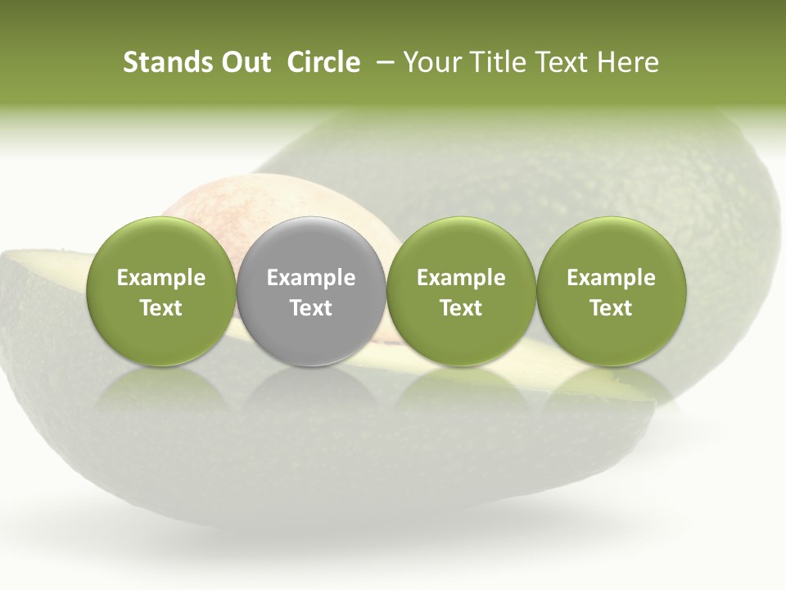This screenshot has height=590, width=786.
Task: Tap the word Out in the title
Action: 243,62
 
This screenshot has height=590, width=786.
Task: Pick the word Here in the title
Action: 628,62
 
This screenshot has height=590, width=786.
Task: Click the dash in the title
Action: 382,62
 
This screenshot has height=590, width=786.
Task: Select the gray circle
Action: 311,290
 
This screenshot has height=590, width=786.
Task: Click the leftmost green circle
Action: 161,290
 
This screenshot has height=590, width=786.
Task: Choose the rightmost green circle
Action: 612,290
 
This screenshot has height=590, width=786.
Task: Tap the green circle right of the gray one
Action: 461,290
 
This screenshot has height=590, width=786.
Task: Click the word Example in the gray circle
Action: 311,278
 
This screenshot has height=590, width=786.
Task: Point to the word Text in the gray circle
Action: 311,308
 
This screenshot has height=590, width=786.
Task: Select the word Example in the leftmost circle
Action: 161,278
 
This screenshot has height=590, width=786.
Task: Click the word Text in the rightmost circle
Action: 612,308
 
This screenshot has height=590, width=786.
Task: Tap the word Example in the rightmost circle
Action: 612,278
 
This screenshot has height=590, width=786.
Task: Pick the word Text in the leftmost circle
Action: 161,308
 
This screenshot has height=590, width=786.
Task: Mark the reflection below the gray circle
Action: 311,393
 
